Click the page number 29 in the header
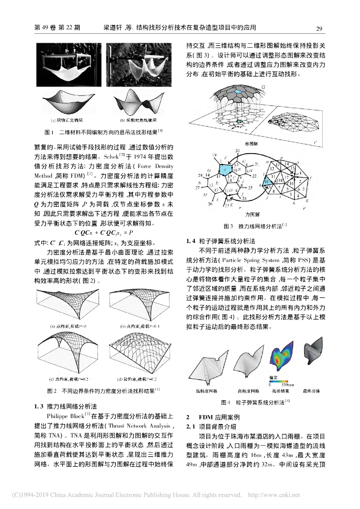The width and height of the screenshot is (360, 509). click(320, 28)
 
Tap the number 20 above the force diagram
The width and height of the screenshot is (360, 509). click(237, 150)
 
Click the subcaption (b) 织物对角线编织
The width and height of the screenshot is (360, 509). click(137, 120)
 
